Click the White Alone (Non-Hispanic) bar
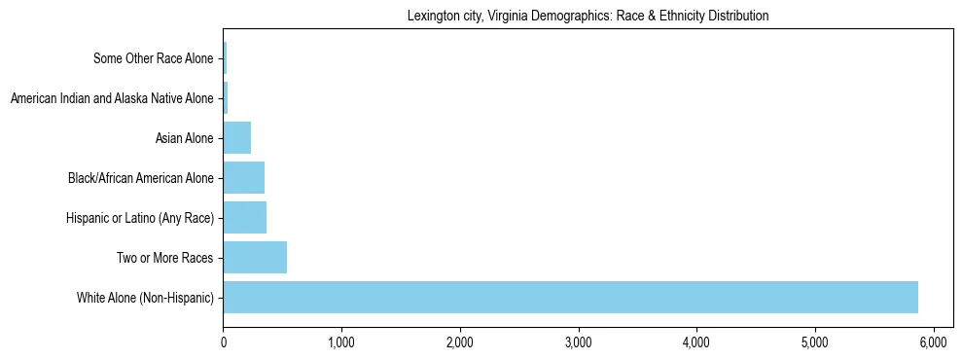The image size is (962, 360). pyautogui.click(x=570, y=297)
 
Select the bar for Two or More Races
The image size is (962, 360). pyautogui.click(x=255, y=257)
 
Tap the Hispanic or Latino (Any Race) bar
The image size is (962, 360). pyautogui.click(x=244, y=217)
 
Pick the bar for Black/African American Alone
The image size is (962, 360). pyautogui.click(x=243, y=177)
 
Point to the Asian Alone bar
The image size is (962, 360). pyautogui.click(x=236, y=138)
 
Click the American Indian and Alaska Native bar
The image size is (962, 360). pyautogui.click(x=226, y=98)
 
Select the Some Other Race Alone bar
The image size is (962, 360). pyautogui.click(x=225, y=58)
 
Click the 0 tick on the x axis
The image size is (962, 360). pyautogui.click(x=224, y=342)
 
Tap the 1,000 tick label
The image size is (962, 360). pyautogui.click(x=341, y=342)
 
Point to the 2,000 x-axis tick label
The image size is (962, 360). pyautogui.click(x=460, y=342)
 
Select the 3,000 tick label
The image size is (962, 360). pyautogui.click(x=579, y=342)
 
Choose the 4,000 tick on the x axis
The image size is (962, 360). pyautogui.click(x=696, y=342)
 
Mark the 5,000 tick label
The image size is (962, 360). pyautogui.click(x=815, y=342)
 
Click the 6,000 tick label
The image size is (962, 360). pyautogui.click(x=933, y=342)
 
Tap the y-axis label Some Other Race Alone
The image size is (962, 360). pyautogui.click(x=153, y=58)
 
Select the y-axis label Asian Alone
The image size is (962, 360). pyautogui.click(x=184, y=138)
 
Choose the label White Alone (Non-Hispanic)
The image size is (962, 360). pyautogui.click(x=145, y=297)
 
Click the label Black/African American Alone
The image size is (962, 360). pyautogui.click(x=140, y=177)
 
